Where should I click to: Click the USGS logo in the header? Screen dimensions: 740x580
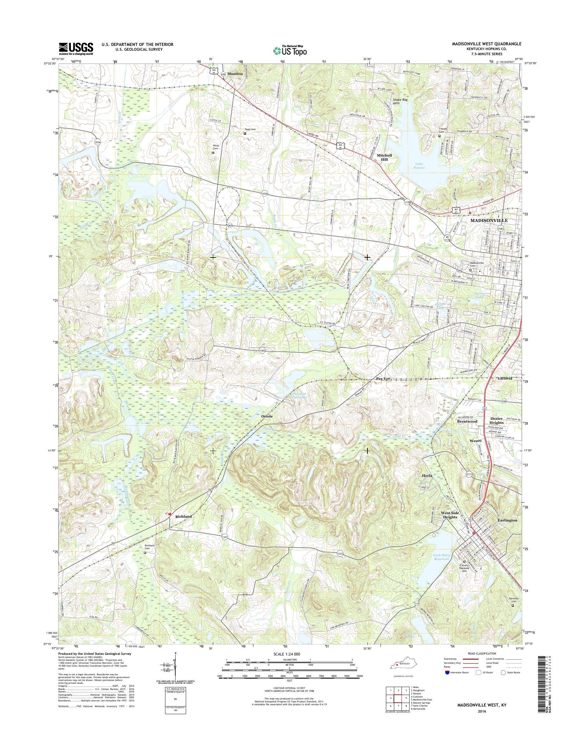click(x=76, y=48)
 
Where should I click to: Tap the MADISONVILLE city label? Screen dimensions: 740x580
click(x=489, y=220)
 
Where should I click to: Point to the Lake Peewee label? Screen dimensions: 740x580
click(x=419, y=166)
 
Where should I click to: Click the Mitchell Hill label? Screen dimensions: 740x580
click(x=384, y=157)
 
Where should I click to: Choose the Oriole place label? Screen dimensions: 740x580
click(x=267, y=416)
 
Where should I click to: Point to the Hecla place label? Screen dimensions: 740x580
click(x=427, y=476)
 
